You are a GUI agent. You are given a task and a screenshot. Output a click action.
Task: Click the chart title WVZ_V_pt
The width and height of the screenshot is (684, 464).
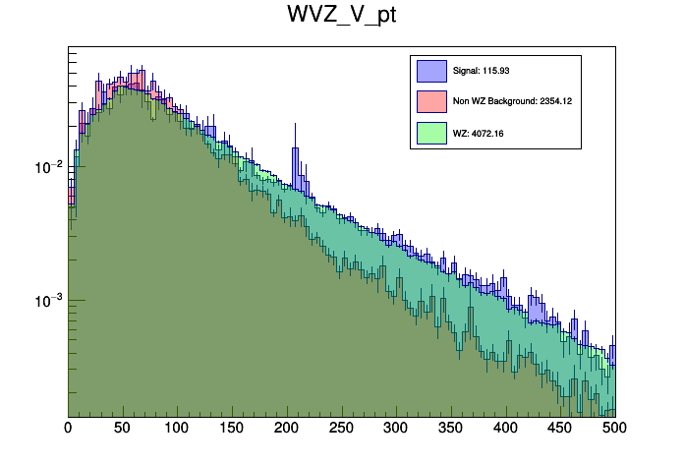click(341, 17)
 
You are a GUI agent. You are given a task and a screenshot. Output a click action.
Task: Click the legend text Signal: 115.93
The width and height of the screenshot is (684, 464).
click(481, 71)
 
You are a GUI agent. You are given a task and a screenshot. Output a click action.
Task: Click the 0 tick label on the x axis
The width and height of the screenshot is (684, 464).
click(68, 428)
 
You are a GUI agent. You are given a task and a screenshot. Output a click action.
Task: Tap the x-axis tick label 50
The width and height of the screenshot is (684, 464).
click(122, 428)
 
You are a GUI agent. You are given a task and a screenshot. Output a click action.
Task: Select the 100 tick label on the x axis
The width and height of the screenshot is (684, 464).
click(177, 428)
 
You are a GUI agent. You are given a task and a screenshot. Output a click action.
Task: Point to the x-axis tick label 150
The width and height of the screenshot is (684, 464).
click(232, 428)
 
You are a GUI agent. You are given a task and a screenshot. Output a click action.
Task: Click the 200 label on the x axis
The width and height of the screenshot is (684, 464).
click(286, 428)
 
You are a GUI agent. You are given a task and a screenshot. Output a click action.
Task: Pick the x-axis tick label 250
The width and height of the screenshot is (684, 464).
click(341, 428)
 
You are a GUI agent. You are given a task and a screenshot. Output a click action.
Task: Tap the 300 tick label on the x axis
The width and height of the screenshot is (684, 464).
click(396, 428)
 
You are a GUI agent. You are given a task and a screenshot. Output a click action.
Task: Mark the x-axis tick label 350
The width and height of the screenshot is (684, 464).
click(450, 428)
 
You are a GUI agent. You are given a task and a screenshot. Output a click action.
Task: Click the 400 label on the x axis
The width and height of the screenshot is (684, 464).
click(505, 428)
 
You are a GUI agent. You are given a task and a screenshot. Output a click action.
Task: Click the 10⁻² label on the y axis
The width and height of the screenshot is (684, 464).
click(48, 166)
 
